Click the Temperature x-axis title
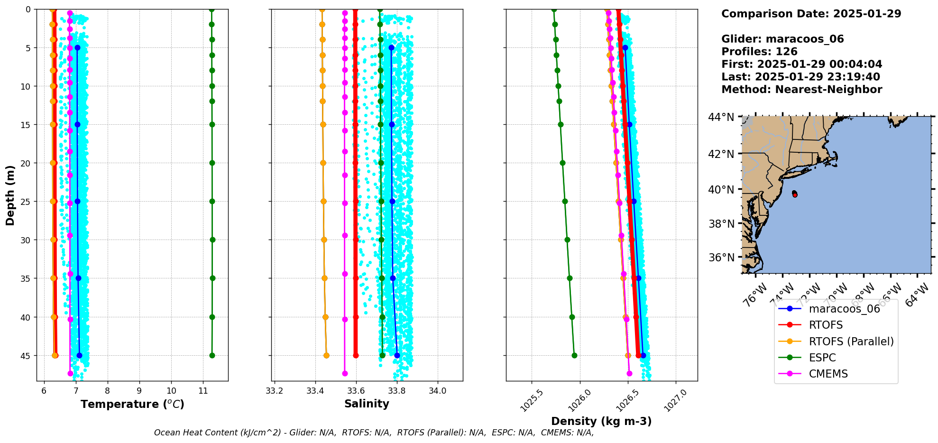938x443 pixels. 132,404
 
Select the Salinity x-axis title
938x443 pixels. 367,404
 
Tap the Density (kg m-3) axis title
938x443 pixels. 601,421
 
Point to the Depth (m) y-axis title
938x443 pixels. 10,195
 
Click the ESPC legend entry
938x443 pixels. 822,358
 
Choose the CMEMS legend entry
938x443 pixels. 828,374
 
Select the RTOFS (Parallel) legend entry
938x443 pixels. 851,341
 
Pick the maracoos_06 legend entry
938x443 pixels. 844,309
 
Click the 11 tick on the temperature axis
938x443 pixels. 203,391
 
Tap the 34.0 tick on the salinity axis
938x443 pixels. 437,391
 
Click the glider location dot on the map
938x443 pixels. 795,194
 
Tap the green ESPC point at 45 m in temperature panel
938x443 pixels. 212,355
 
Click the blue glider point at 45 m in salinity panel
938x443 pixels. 397,355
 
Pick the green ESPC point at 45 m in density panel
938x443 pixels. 574,355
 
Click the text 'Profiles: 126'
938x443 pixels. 759,52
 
